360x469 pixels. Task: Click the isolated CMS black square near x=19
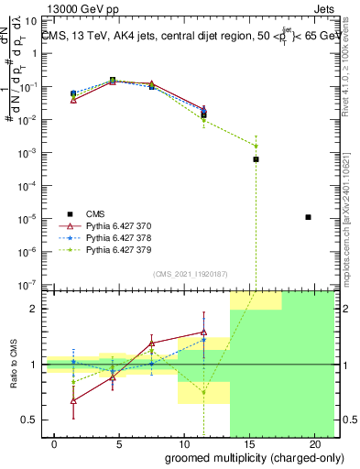pos(309,217)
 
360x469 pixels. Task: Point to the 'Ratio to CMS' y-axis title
pos(14,365)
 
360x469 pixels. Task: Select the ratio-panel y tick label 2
pos(34,309)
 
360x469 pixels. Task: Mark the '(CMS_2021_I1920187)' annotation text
pos(190,274)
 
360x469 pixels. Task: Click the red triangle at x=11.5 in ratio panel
pos(203,333)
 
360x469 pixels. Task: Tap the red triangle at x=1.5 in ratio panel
pos(74,400)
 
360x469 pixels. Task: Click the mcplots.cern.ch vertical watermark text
pos(352,211)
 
